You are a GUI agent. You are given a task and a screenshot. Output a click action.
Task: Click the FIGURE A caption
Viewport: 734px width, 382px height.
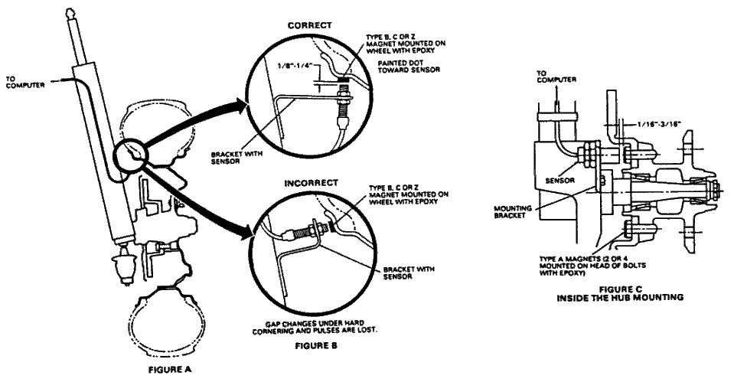pyautogui.click(x=171, y=370)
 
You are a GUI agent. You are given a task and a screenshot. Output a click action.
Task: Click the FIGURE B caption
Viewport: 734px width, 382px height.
pyautogui.click(x=316, y=346)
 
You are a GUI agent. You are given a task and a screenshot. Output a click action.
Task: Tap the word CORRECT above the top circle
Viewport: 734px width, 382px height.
pyautogui.click(x=309, y=25)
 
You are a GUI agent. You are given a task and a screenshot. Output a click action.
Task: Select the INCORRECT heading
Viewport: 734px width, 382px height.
pyautogui.click(x=311, y=182)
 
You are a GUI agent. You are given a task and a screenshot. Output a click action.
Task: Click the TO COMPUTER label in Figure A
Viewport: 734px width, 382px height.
pyautogui.click(x=26, y=82)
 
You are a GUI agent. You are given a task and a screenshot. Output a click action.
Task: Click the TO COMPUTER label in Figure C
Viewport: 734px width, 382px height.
pyautogui.click(x=556, y=77)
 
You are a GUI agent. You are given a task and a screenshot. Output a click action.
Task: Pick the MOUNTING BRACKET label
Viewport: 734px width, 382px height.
pyautogui.click(x=513, y=212)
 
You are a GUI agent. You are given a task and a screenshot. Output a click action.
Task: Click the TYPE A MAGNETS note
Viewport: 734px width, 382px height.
pyautogui.click(x=592, y=266)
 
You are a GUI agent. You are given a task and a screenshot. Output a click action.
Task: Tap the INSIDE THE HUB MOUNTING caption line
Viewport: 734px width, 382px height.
pyautogui.click(x=620, y=298)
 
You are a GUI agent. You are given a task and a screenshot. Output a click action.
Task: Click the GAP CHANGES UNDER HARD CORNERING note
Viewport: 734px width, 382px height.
pyautogui.click(x=315, y=326)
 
